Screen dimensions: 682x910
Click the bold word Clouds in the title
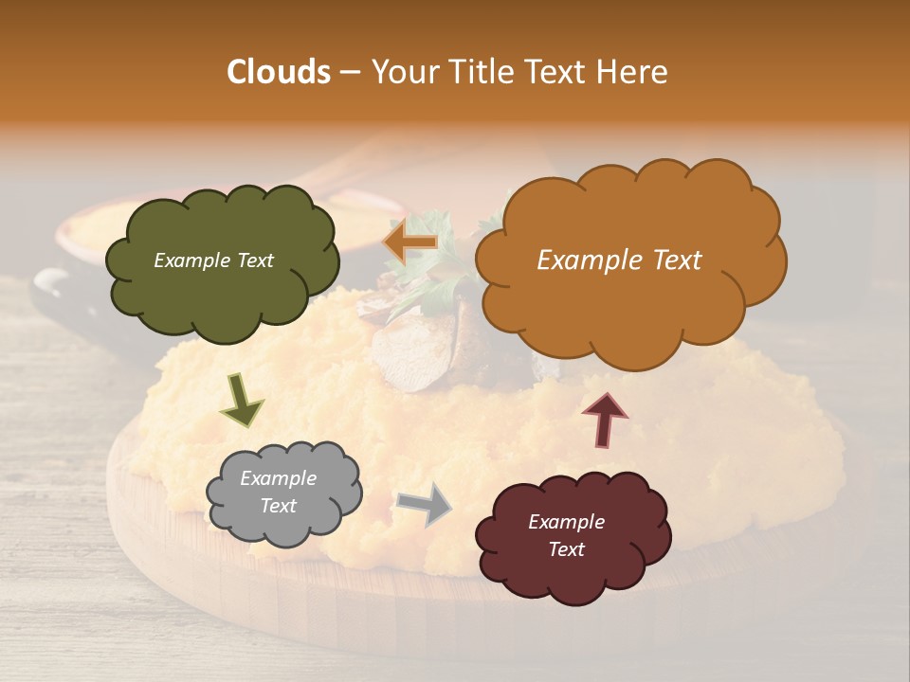pos(279,72)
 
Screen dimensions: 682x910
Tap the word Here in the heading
pos(632,72)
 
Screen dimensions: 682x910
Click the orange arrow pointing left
pos(410,243)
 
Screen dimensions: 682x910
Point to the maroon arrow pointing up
pos(605,420)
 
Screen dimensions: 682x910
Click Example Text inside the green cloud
pos(213,260)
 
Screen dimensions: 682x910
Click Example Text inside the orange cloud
pos(619,260)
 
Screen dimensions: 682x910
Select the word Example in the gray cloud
pos(278,479)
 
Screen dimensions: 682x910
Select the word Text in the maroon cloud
pos(566,549)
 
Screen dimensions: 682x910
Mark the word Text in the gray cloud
pos(278,506)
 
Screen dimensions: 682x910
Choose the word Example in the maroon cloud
pos(566,522)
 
